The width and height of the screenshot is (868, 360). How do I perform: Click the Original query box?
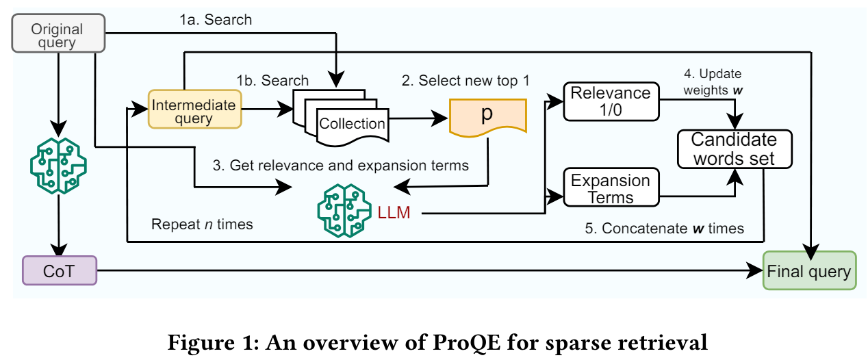point(58,36)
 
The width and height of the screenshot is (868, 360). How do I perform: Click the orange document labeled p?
point(487,116)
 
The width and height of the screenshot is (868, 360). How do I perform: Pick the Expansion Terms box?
point(611,189)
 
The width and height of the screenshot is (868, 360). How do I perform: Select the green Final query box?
point(808,271)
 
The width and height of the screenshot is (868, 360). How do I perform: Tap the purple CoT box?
point(59,270)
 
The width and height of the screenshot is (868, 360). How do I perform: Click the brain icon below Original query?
point(59,164)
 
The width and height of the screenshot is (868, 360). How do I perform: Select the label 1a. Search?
point(216,20)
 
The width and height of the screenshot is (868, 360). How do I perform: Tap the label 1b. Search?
point(272,81)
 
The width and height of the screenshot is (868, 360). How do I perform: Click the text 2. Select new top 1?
point(465,81)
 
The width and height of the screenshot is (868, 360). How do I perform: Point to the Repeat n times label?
point(202,224)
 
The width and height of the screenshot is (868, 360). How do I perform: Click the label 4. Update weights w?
point(712,80)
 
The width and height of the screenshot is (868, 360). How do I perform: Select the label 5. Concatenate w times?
point(672,229)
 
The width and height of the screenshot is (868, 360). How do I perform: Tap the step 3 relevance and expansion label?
point(340,165)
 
